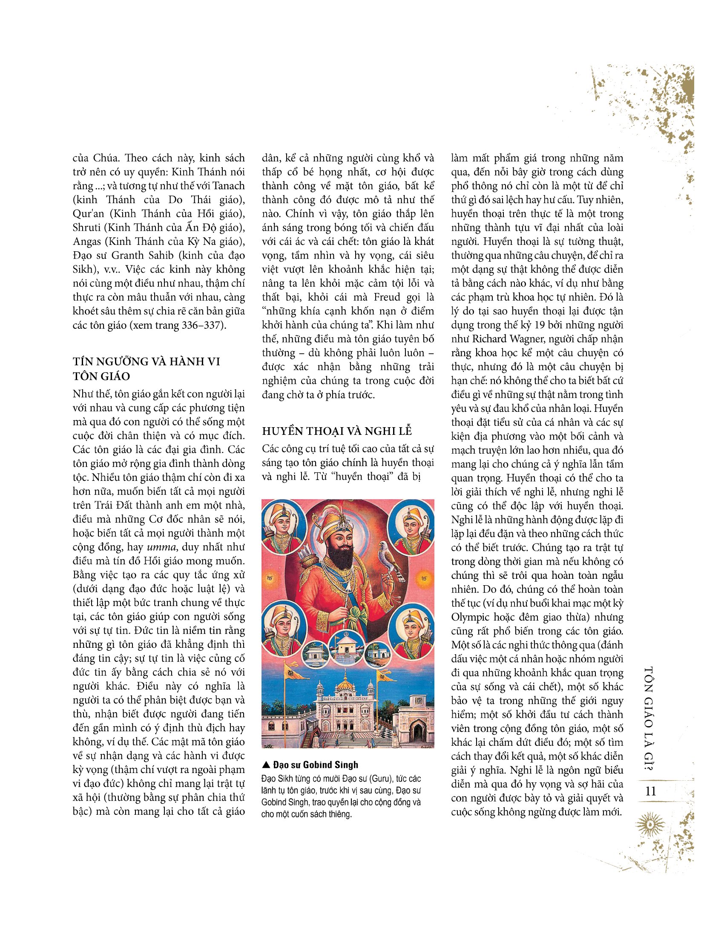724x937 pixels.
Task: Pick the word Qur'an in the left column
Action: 89,214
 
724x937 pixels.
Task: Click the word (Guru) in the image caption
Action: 374,779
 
